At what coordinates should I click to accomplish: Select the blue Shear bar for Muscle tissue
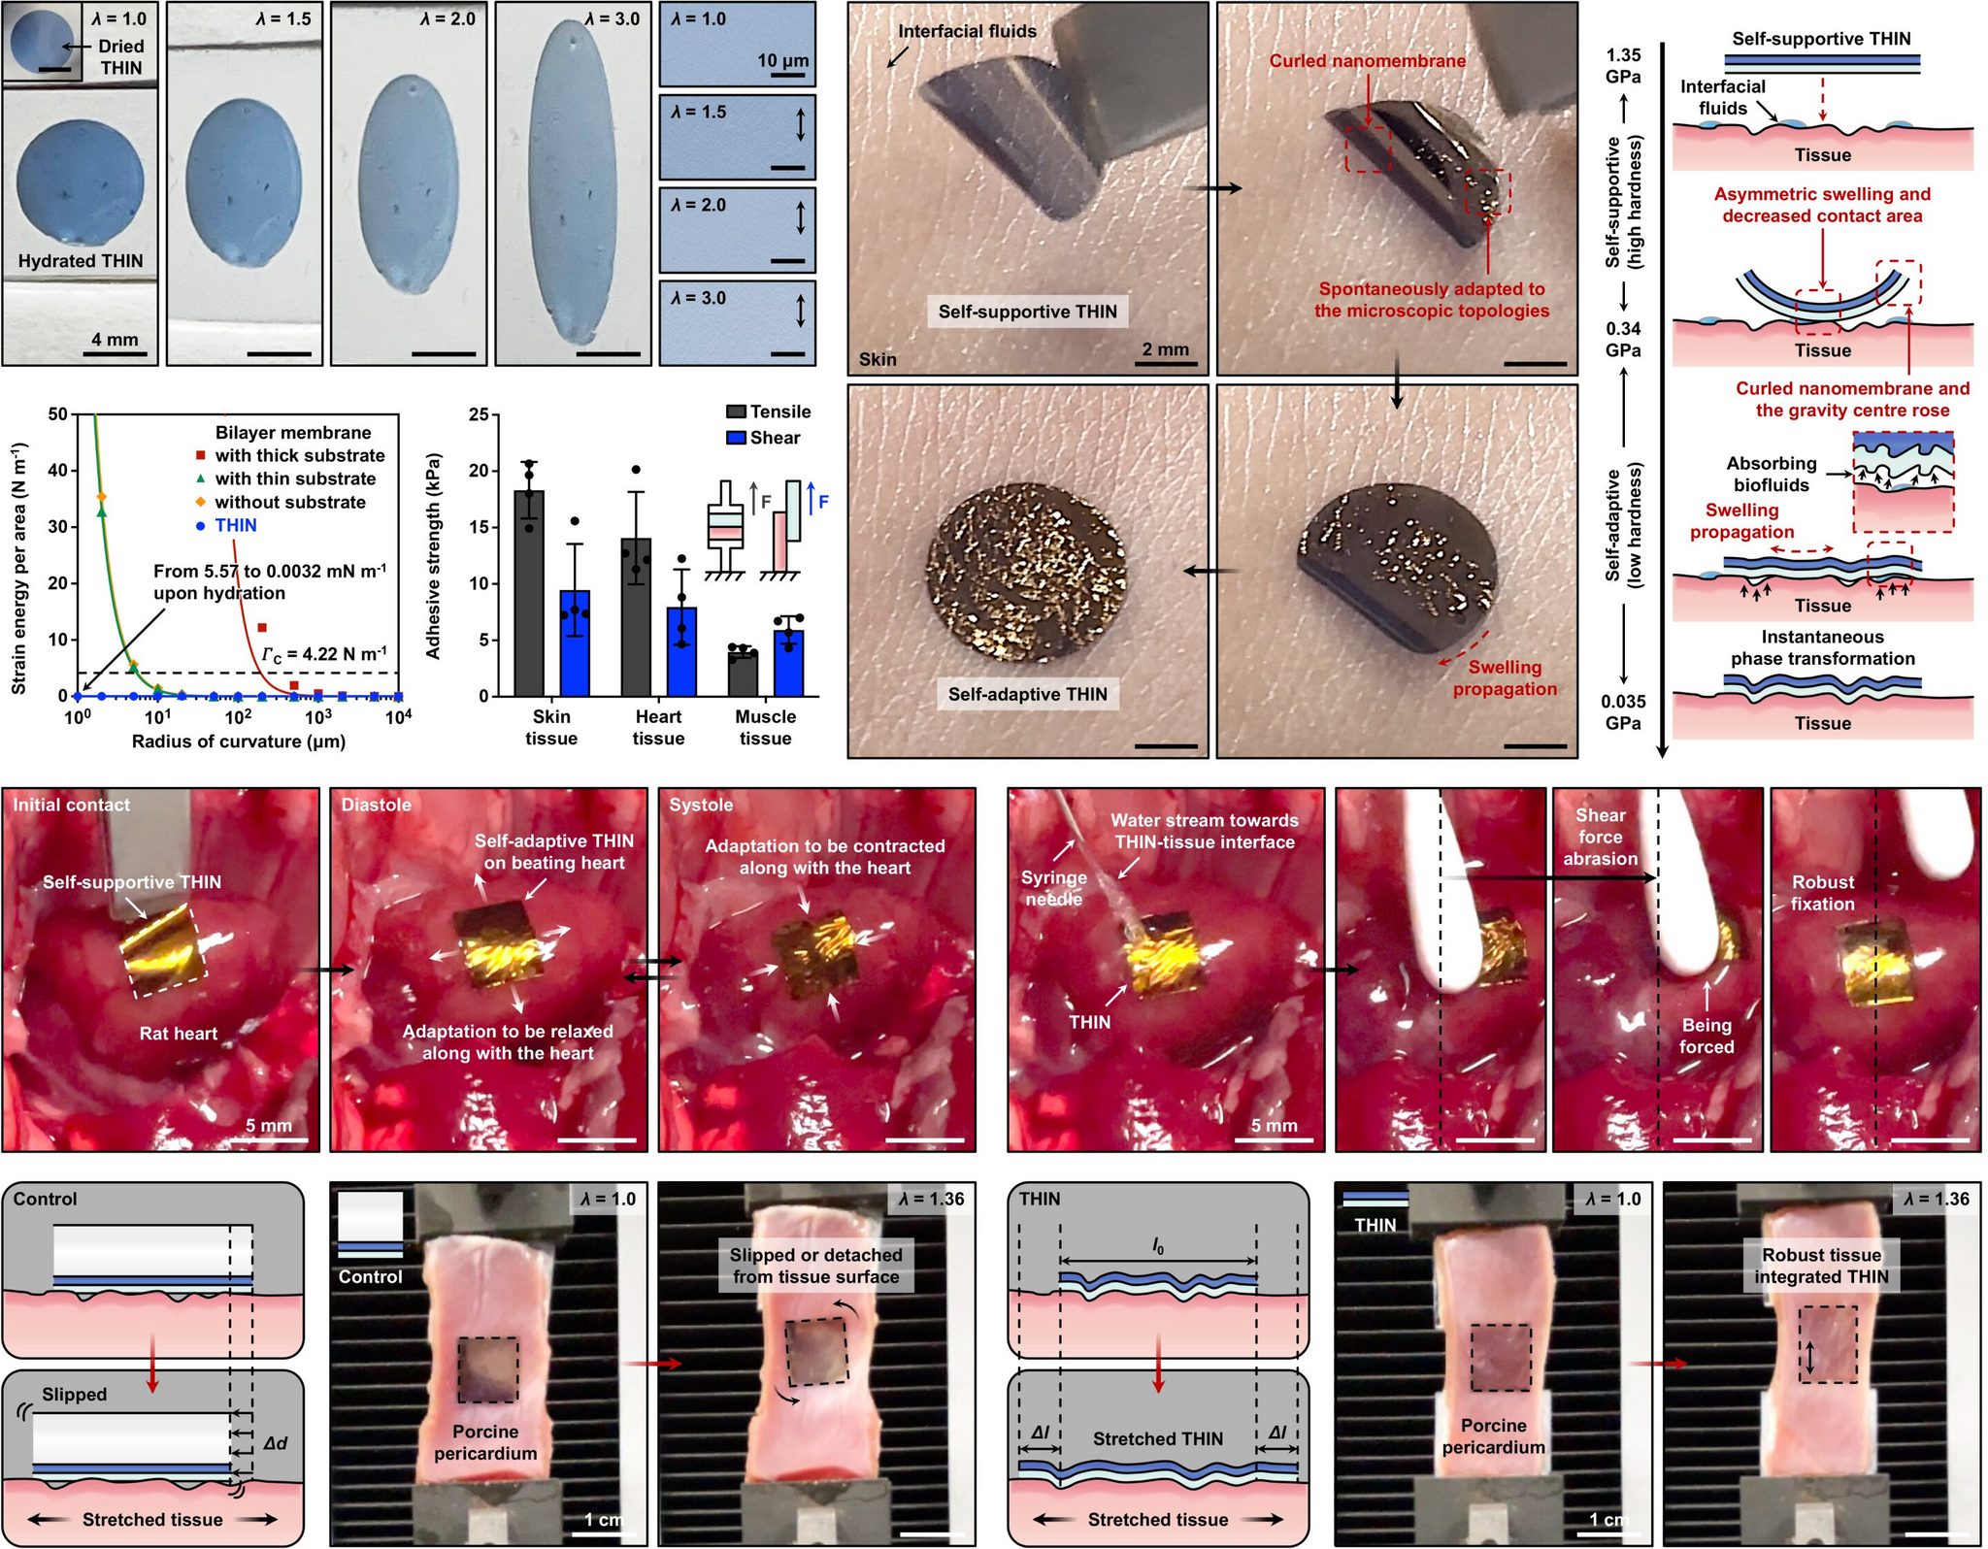click(788, 664)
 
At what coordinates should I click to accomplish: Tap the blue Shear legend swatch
click(736, 438)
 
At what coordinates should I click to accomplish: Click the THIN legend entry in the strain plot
click(235, 525)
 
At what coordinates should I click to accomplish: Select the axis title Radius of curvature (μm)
click(238, 742)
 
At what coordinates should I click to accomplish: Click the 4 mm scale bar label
click(115, 340)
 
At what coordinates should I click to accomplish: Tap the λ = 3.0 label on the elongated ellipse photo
click(612, 18)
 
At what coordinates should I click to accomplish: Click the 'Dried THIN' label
click(121, 56)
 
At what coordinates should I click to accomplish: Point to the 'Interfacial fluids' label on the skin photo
click(967, 31)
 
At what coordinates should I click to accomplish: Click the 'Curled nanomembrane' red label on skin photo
click(1367, 61)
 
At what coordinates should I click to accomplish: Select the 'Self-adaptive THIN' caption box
click(1027, 694)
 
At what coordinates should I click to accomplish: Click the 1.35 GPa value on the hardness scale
click(1623, 66)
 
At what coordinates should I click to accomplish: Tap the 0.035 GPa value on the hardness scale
click(1623, 712)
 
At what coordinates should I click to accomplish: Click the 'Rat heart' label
click(179, 1034)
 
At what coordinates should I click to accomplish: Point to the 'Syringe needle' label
click(1053, 888)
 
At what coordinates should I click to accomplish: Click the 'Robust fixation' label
click(1822, 893)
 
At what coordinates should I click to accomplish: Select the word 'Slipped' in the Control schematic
click(74, 1395)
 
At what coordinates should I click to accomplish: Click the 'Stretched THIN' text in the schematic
click(1157, 1438)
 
